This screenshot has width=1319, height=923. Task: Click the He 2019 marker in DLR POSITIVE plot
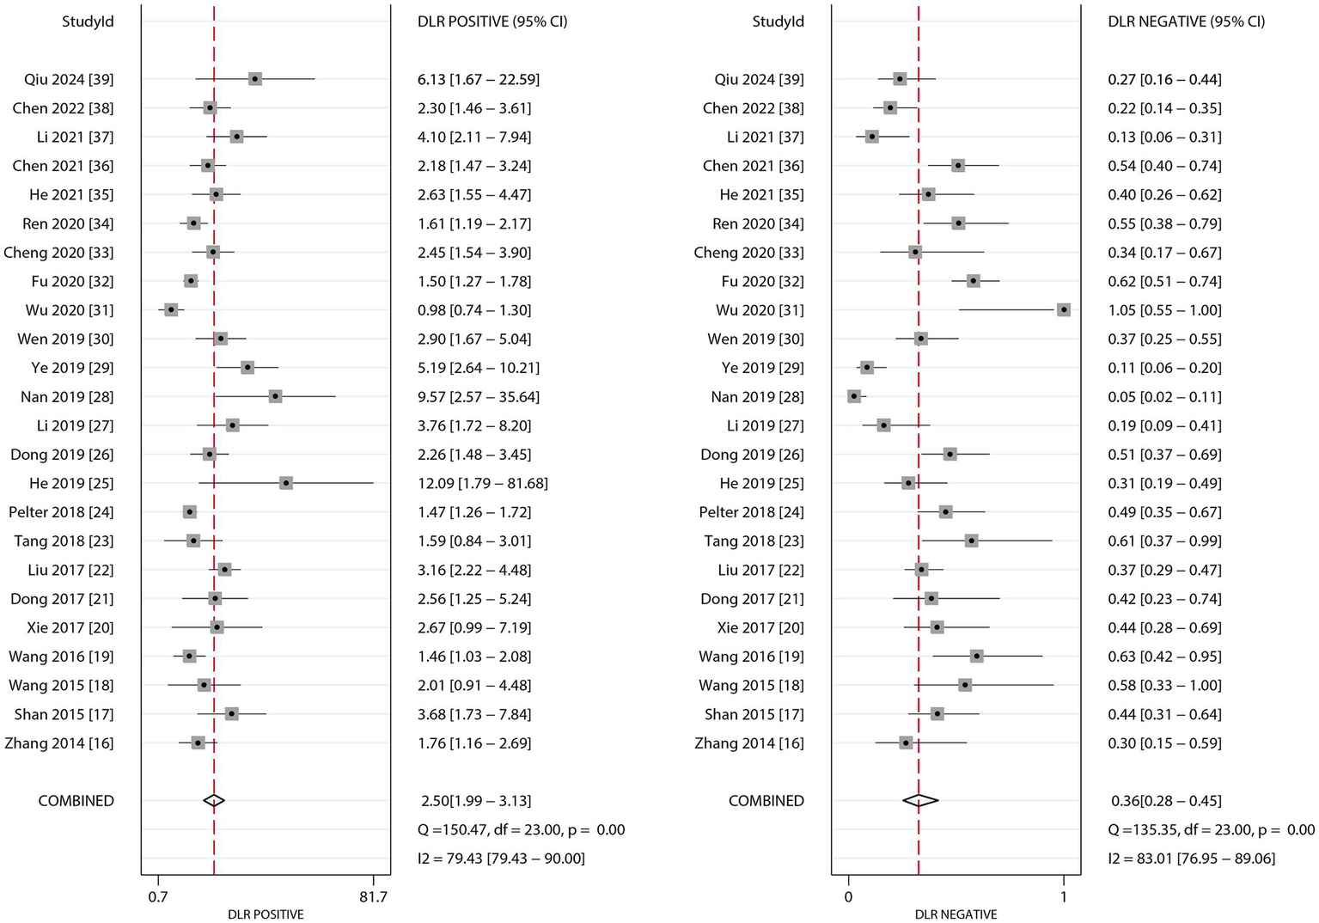click(x=286, y=483)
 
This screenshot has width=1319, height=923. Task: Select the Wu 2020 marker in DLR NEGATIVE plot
click(x=1064, y=309)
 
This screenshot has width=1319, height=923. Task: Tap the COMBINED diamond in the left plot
click(x=214, y=800)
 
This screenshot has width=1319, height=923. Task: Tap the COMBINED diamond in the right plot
click(x=920, y=800)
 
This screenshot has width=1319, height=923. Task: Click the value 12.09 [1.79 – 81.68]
click(x=483, y=483)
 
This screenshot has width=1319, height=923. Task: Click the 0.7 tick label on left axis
click(x=157, y=897)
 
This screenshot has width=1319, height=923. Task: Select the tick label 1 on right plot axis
click(x=1064, y=897)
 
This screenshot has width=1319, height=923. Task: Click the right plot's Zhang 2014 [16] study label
click(x=749, y=743)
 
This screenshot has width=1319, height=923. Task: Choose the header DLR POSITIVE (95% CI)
click(x=492, y=21)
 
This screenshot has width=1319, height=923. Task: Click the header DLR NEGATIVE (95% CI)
click(x=1187, y=21)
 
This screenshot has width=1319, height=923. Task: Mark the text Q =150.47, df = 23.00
click(x=490, y=829)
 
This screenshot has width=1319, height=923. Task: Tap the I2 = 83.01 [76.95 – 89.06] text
click(x=1192, y=858)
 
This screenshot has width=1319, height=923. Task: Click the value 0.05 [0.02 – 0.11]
click(x=1164, y=396)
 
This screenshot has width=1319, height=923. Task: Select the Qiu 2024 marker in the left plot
click(x=255, y=79)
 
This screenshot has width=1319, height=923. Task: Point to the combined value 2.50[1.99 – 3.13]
click(x=477, y=800)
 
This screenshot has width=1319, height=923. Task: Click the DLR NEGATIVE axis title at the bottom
click(x=956, y=914)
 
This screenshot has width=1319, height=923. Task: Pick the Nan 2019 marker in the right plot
click(x=854, y=396)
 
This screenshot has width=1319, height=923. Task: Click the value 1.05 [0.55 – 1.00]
click(x=1164, y=309)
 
